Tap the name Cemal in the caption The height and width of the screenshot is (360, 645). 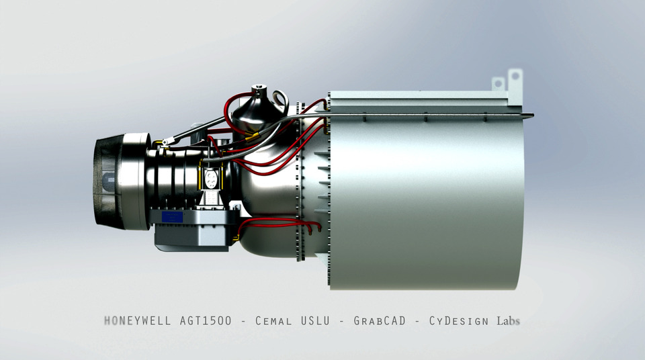(273, 321)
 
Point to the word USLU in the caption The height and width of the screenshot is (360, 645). (315, 321)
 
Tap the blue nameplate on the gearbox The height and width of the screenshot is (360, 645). (173, 218)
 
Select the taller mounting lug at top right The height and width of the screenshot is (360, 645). (515, 79)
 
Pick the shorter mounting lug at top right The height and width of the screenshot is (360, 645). (498, 84)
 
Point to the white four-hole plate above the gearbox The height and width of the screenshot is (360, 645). (211, 178)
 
